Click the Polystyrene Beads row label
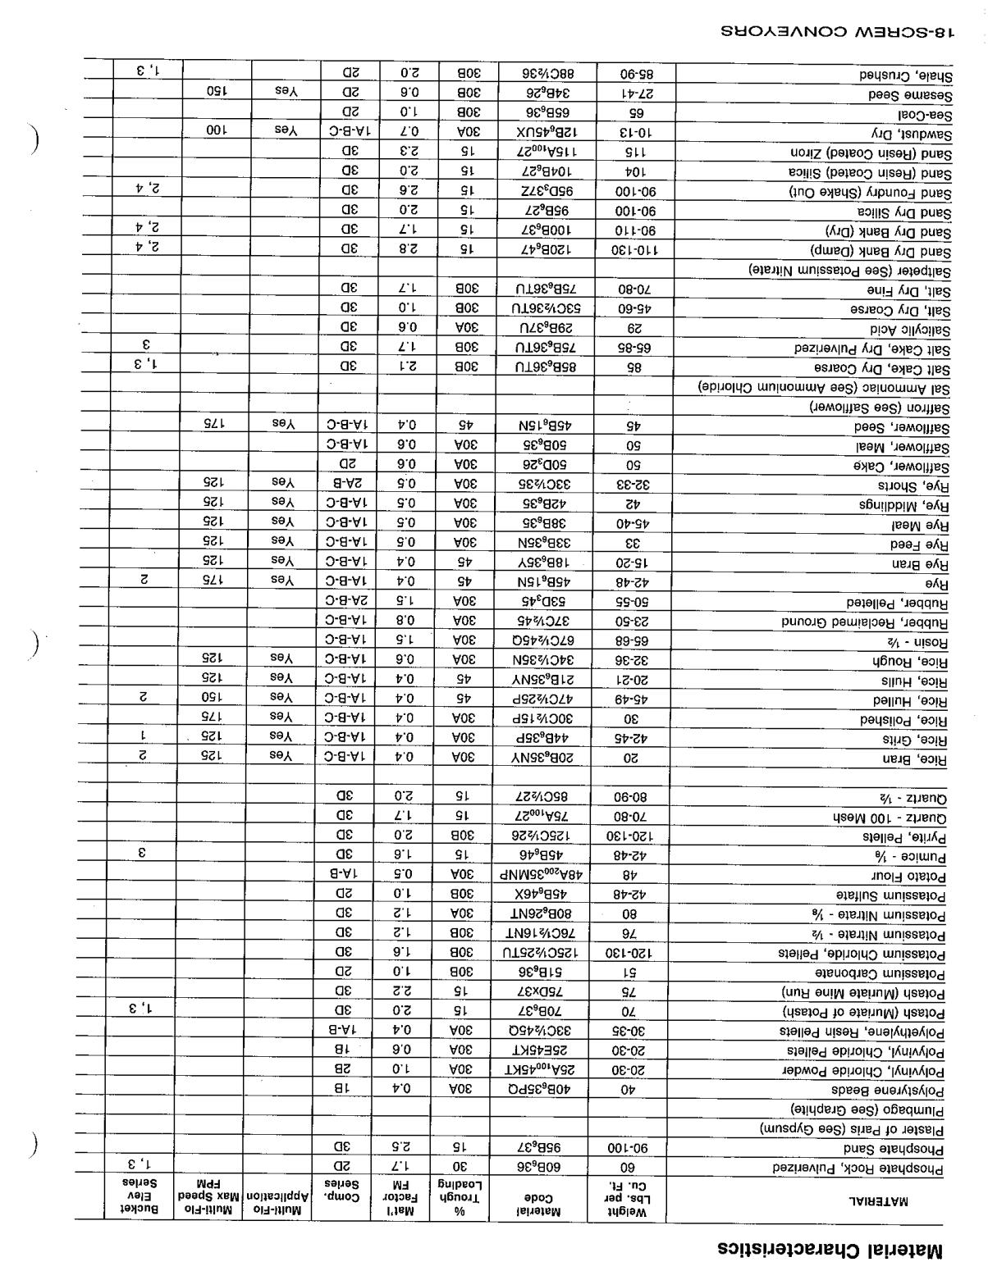pyautogui.click(x=888, y=1091)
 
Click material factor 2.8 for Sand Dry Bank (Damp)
pyautogui.click(x=408, y=249)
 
